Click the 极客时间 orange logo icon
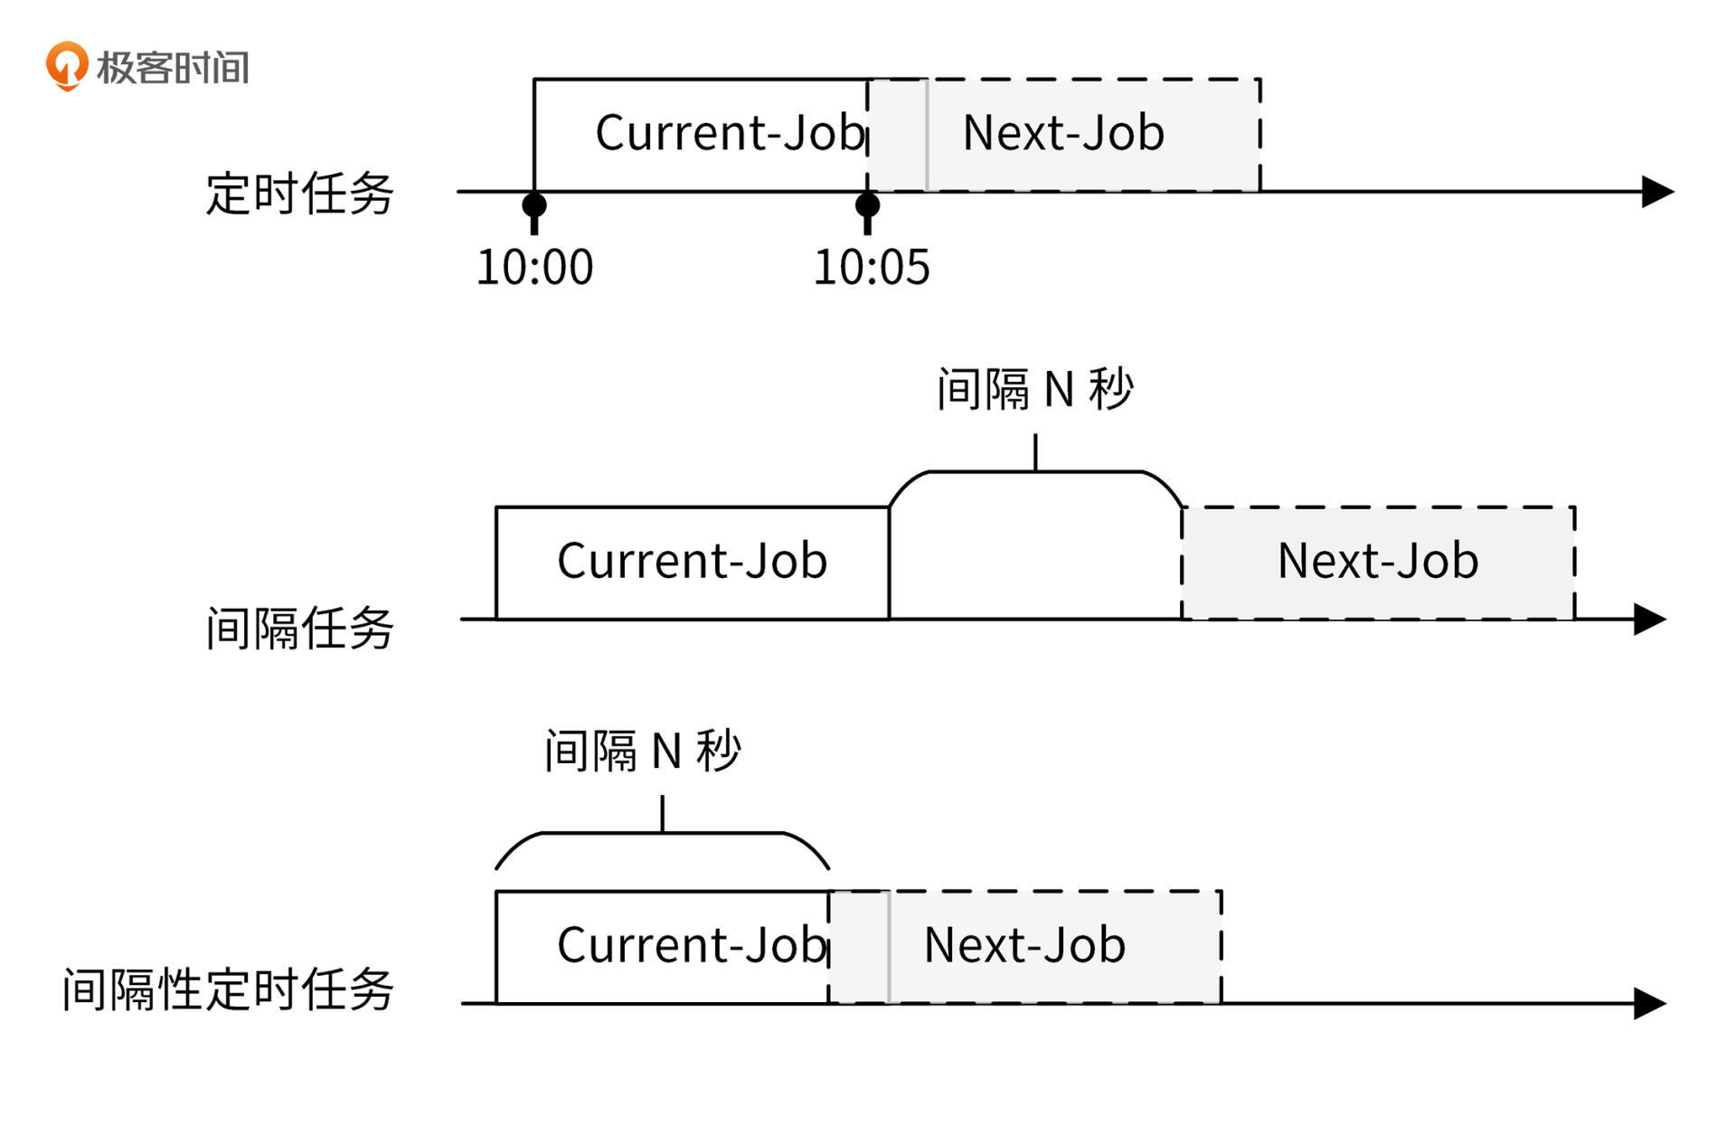click(x=67, y=66)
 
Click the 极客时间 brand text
click(x=172, y=68)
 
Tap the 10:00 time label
click(x=534, y=268)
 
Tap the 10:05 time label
click(x=871, y=268)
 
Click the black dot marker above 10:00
click(x=534, y=204)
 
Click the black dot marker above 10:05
click(x=867, y=204)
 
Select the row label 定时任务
click(x=299, y=194)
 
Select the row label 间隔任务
click(x=299, y=628)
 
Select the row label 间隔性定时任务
click(x=228, y=989)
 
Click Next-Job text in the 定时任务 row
click(x=1063, y=133)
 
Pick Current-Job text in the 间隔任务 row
click(x=692, y=561)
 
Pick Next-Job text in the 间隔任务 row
click(x=1378, y=561)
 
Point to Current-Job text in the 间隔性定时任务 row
click(x=692, y=945)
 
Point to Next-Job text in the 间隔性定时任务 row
click(x=1024, y=945)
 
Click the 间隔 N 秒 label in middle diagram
click(x=1034, y=390)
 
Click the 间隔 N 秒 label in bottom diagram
click(x=642, y=751)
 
